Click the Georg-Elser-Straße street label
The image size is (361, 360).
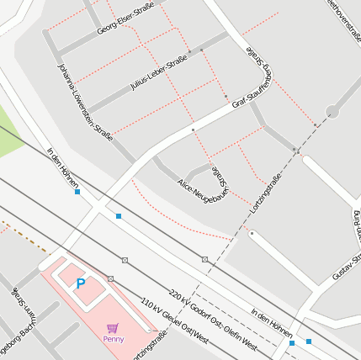(x=125, y=18)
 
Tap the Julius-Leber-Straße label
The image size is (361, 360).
(x=158, y=74)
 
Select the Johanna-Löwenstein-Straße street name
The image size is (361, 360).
(x=84, y=102)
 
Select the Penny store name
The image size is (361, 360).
(x=114, y=339)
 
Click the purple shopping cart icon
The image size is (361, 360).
(x=113, y=328)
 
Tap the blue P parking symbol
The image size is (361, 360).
(x=81, y=284)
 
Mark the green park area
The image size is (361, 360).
(x=8, y=135)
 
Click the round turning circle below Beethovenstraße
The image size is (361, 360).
(x=332, y=111)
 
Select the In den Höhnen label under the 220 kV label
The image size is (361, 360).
(x=272, y=323)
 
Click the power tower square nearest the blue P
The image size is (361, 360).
(x=110, y=278)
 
